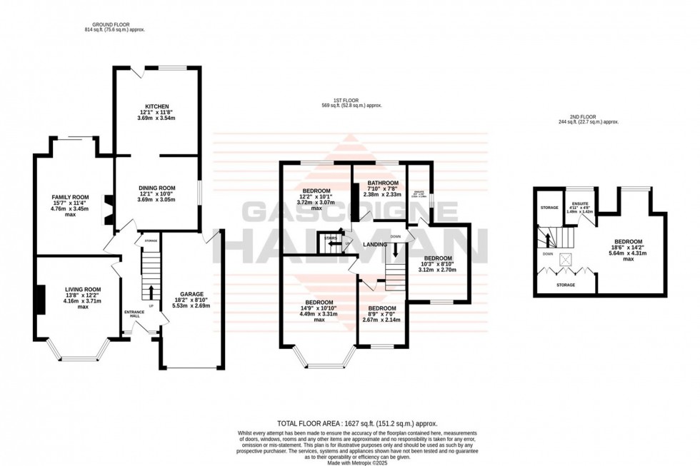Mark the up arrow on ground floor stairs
click(151, 291)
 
